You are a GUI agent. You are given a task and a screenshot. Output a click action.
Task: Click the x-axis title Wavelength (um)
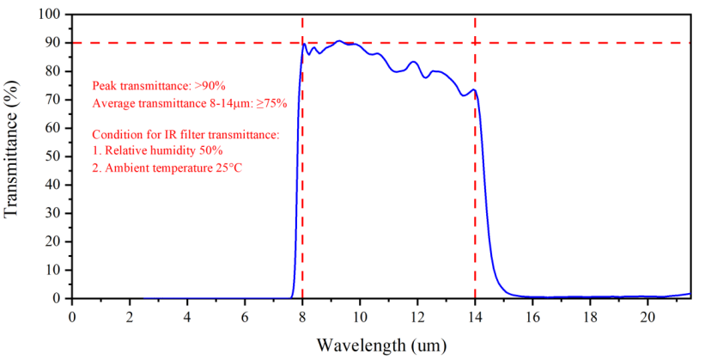point(380,345)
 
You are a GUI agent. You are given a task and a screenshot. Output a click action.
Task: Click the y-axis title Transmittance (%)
point(14,156)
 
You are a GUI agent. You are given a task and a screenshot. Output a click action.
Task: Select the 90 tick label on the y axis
point(53,43)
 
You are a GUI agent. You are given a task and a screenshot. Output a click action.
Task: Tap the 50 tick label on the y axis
point(53,156)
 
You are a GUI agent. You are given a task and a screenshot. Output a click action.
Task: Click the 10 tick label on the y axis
point(53,270)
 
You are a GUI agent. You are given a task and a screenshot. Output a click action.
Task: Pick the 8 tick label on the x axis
point(302,315)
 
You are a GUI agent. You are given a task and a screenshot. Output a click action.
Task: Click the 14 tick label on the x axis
point(475,315)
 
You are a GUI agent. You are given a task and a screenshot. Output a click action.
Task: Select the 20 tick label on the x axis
point(647,315)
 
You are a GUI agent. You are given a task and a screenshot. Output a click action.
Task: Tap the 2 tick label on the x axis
point(130,315)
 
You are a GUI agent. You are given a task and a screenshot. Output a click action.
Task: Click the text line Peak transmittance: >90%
point(159,86)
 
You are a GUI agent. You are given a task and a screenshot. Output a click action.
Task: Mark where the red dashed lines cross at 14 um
point(475,43)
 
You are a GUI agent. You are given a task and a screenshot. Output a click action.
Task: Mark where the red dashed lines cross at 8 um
point(302,43)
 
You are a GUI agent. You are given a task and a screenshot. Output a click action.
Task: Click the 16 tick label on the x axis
point(532,315)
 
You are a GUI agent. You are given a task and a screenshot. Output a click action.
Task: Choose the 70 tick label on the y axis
point(53,100)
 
